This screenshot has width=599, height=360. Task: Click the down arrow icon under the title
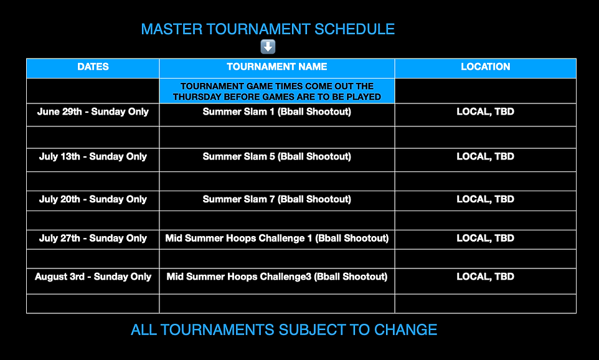268,47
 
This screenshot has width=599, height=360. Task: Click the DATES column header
93,67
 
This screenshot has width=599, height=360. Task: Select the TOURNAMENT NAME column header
277,67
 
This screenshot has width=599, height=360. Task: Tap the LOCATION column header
485,67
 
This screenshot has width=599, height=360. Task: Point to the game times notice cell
277,92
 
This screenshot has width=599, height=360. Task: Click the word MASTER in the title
172,29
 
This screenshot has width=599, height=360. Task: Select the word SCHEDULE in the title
354,29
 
